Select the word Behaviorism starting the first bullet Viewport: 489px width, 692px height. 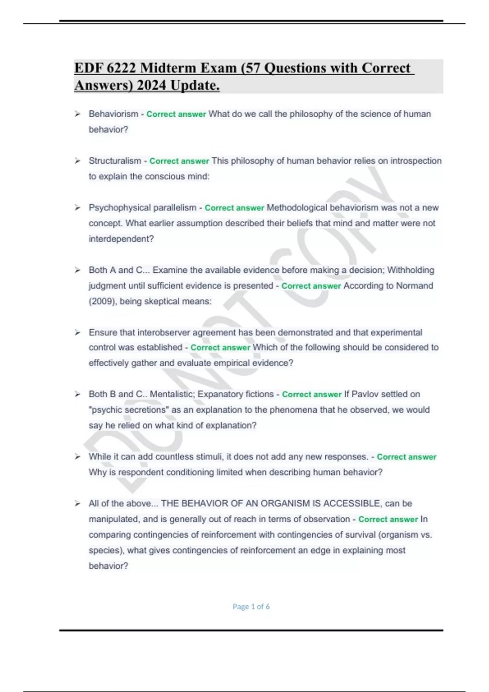[x=113, y=114]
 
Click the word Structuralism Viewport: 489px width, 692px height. [x=115, y=161]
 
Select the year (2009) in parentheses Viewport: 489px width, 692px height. [x=102, y=301]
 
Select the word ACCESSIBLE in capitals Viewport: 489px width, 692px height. [x=352, y=504]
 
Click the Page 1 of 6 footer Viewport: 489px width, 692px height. [x=251, y=607]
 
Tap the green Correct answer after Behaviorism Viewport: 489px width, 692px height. [x=176, y=114]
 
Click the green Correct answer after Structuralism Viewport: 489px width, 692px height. [x=179, y=161]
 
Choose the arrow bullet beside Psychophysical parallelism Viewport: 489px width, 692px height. [x=77, y=208]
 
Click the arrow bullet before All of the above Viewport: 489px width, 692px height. [x=77, y=504]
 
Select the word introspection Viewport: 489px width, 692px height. [x=416, y=161]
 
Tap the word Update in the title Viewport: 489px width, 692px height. [x=195, y=85]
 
